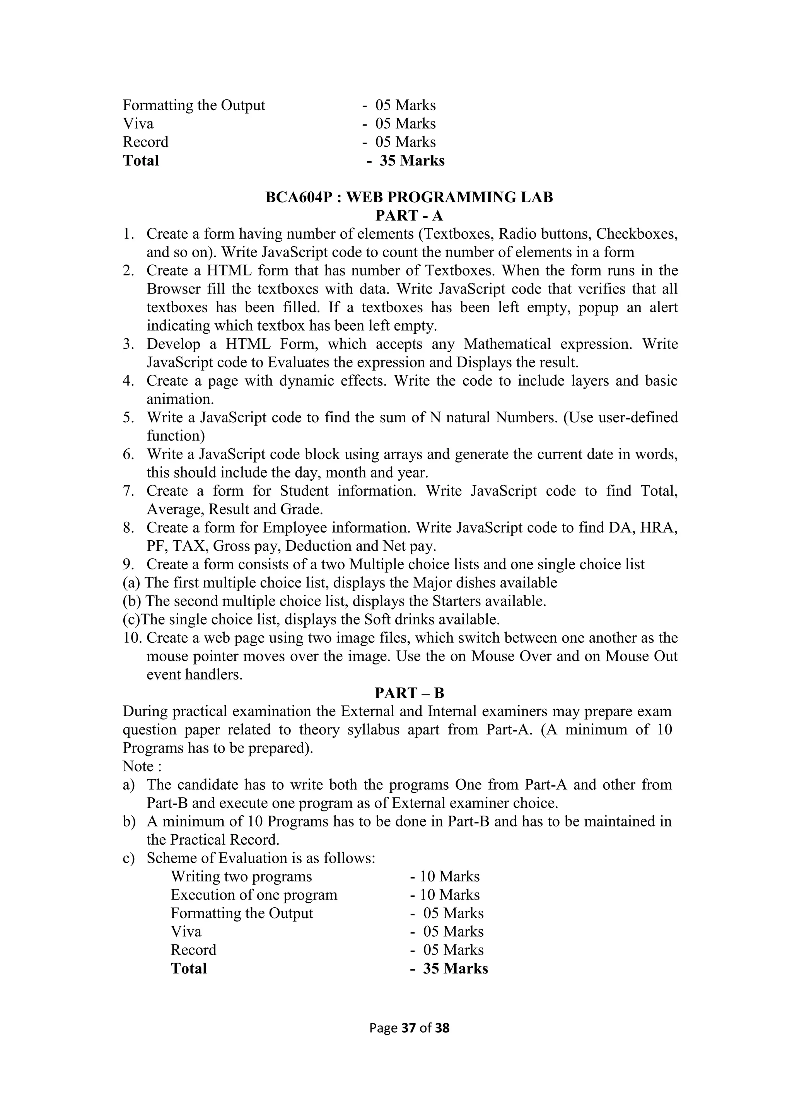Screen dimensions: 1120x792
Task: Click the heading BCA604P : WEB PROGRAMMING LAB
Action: tap(409, 198)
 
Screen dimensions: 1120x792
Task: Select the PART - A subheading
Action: tap(409, 216)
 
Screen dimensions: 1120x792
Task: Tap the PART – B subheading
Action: tap(409, 693)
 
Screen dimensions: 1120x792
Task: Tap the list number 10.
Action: tap(131, 638)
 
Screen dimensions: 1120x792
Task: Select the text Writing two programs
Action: tap(241, 877)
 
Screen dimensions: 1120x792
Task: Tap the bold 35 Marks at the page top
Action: tap(411, 161)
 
